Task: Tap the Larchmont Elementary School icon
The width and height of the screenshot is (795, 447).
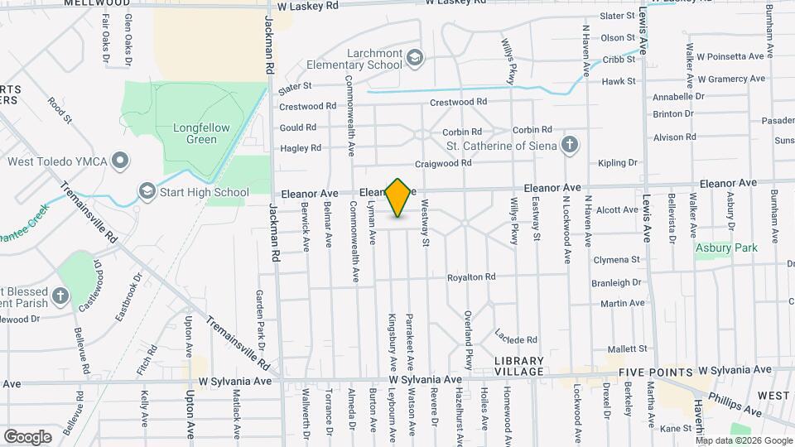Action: coord(415,57)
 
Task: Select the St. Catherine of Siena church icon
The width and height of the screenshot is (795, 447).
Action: coord(569,146)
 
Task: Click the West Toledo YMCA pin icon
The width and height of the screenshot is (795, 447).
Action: coord(121,160)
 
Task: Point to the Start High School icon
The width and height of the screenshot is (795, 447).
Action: coord(147,192)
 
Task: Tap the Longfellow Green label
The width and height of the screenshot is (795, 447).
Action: coord(195,133)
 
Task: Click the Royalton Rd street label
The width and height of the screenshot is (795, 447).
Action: coord(471,277)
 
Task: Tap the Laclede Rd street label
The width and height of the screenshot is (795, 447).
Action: coord(517,339)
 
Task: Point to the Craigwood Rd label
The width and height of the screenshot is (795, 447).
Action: coord(443,163)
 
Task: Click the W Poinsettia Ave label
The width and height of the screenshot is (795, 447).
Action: coord(730,57)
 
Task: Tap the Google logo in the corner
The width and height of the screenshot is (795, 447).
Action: coord(27,436)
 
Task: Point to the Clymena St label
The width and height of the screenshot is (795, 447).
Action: coord(616,260)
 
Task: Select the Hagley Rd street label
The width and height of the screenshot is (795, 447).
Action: coord(301,148)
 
